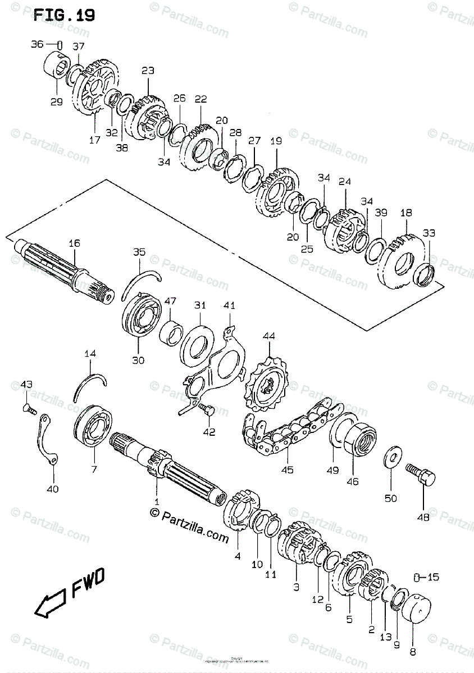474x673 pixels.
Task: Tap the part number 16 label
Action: pyautogui.click(x=74, y=243)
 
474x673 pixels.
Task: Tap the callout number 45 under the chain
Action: pyautogui.click(x=287, y=470)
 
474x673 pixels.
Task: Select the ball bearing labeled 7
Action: pyautogui.click(x=94, y=429)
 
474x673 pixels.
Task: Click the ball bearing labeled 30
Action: pyautogui.click(x=142, y=316)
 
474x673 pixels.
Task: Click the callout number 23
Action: pyautogui.click(x=148, y=71)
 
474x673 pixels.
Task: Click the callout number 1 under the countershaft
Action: pyautogui.click(x=157, y=501)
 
